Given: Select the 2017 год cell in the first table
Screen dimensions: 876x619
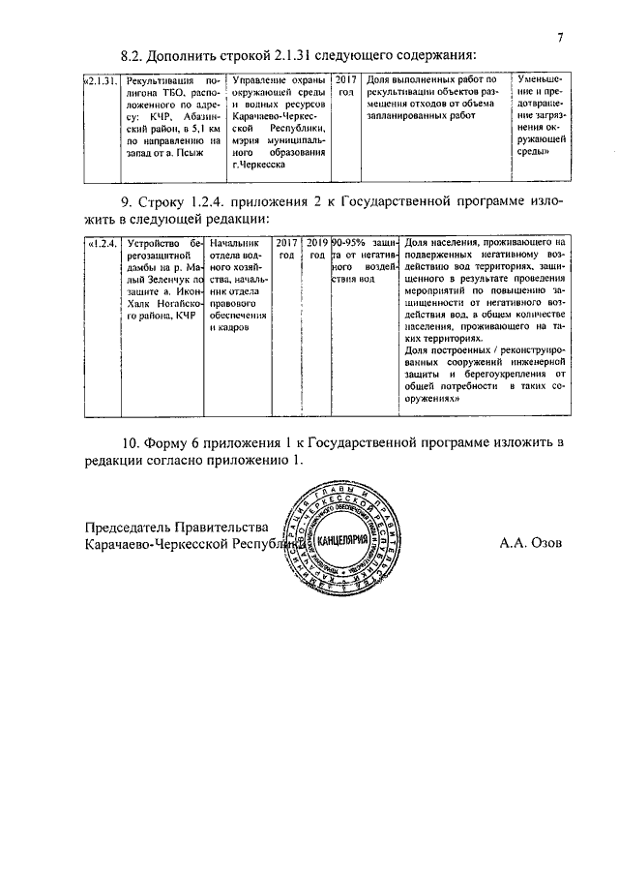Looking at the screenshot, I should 347,84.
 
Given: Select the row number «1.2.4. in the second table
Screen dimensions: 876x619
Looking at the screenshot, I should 102,242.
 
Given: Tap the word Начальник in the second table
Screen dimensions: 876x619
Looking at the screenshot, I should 235,242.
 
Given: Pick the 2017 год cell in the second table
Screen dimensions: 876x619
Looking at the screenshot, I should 286,248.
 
